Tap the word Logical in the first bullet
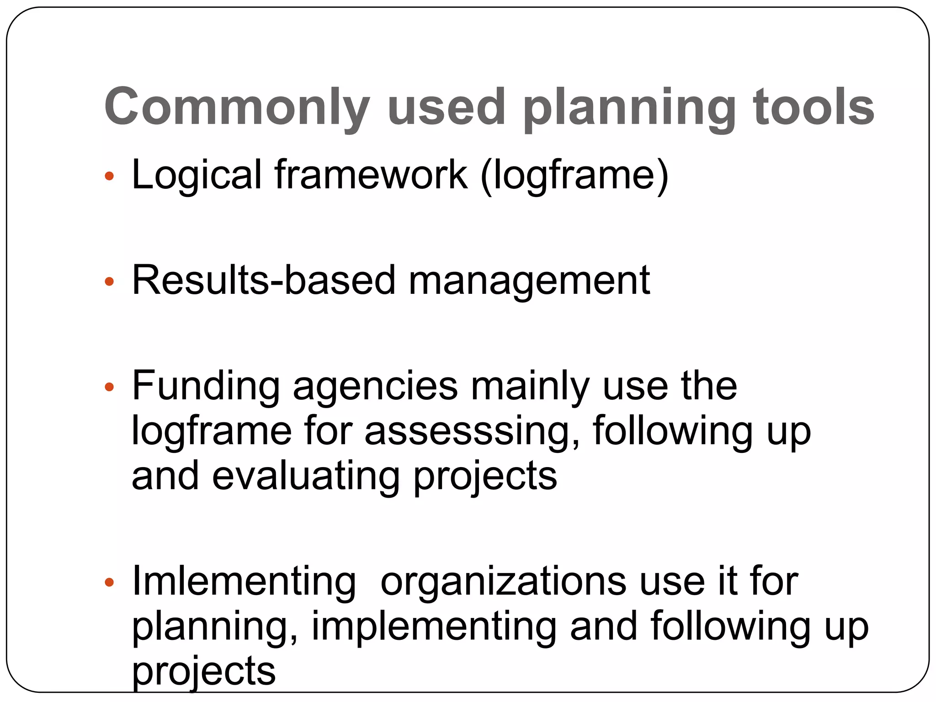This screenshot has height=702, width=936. (x=197, y=175)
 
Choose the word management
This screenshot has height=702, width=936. (x=529, y=281)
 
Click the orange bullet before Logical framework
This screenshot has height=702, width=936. (x=109, y=176)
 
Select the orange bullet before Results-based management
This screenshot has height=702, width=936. (x=109, y=282)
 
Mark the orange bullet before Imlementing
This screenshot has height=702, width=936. (x=109, y=582)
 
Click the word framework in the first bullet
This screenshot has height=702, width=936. (x=371, y=175)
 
